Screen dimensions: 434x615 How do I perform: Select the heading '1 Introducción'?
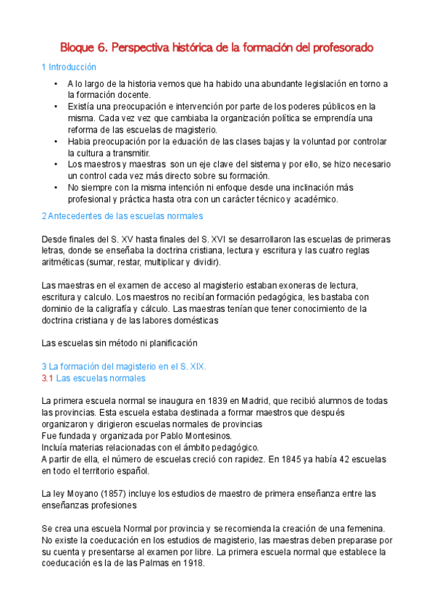(69, 67)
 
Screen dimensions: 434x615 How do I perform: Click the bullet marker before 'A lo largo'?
(56, 85)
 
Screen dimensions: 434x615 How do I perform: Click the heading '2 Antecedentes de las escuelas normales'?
(122, 216)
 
